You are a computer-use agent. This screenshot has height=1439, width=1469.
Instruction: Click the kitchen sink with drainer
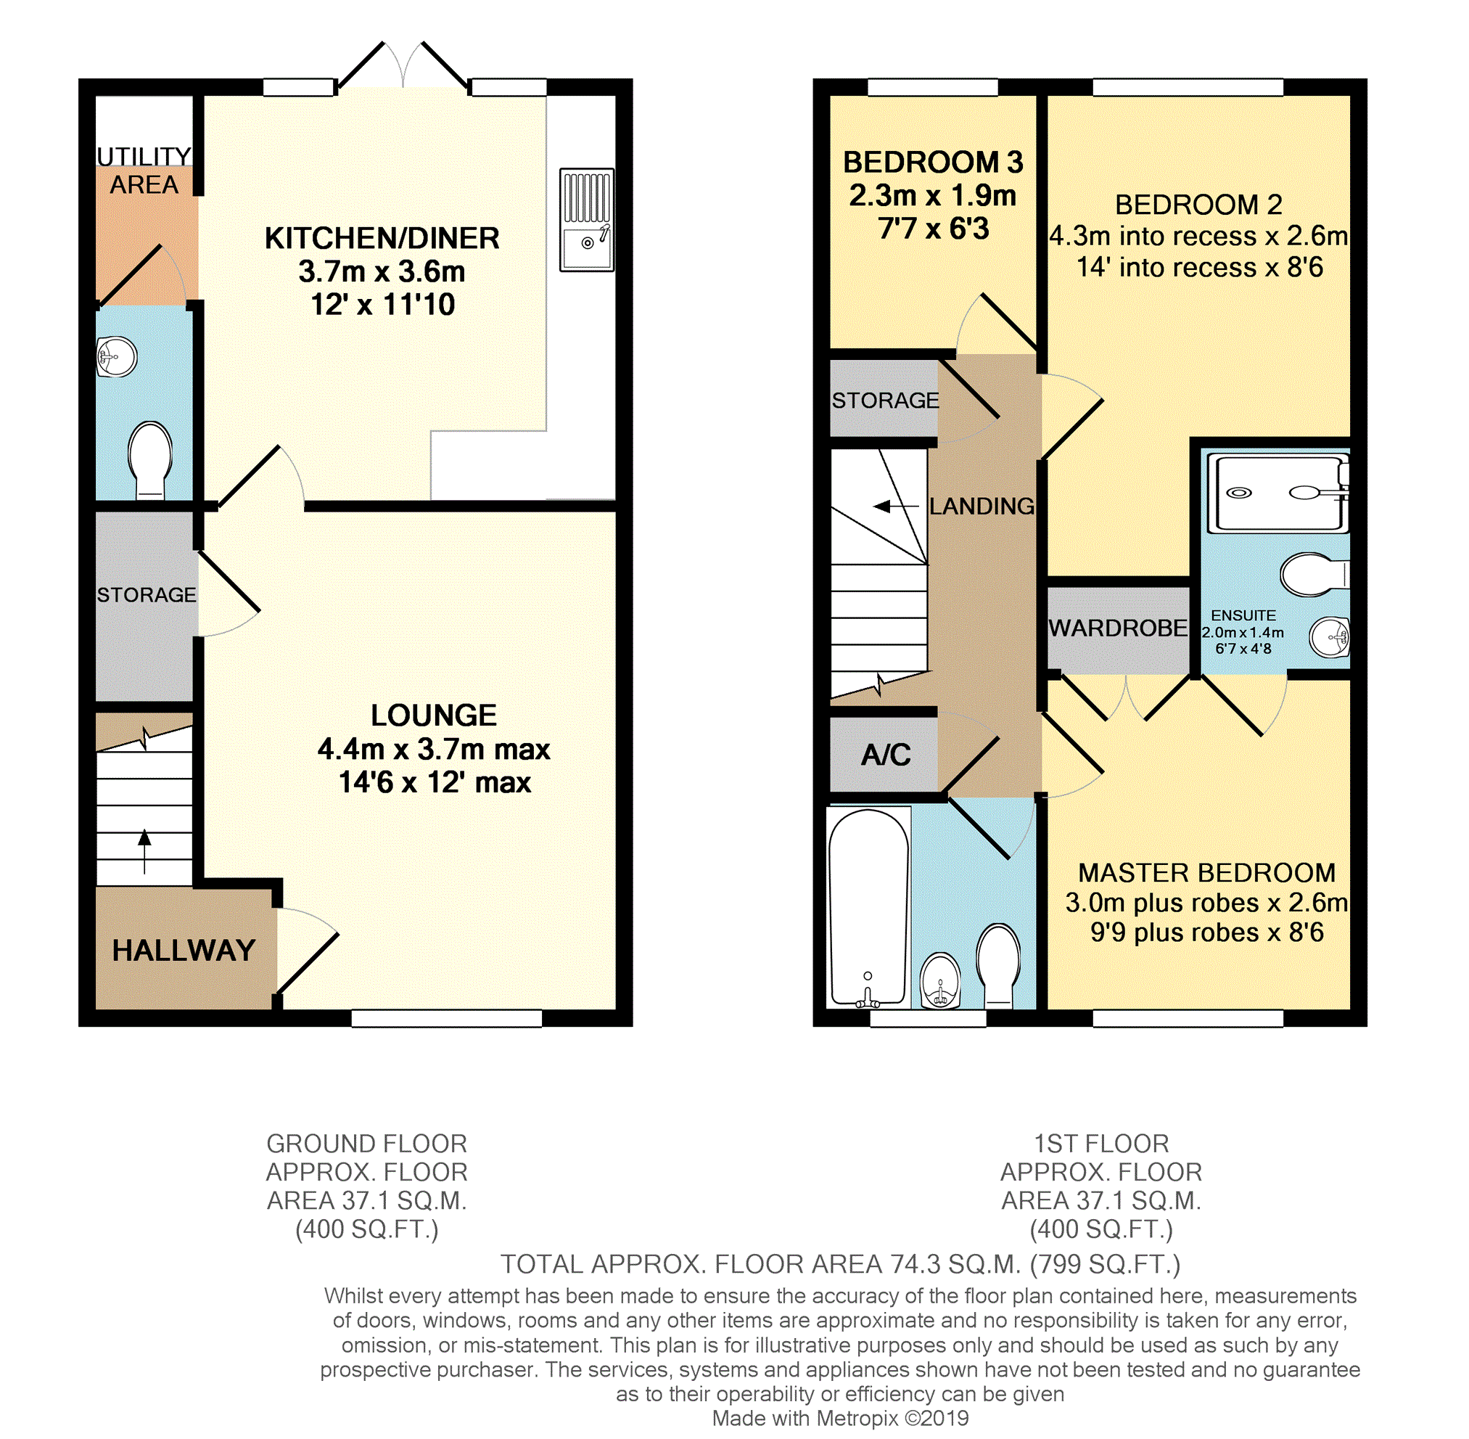click(x=586, y=220)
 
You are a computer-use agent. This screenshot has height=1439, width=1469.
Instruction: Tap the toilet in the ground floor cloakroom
click(x=150, y=459)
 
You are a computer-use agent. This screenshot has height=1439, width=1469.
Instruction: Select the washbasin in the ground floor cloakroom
click(x=117, y=357)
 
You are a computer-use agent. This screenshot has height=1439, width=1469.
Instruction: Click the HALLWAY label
click(x=184, y=950)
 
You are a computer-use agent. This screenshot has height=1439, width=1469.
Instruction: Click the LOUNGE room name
click(x=434, y=715)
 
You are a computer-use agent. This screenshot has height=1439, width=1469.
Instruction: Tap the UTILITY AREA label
click(x=144, y=170)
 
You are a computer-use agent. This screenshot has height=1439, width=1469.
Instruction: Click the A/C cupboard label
click(x=886, y=754)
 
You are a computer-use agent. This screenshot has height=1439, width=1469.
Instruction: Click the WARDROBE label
click(x=1118, y=628)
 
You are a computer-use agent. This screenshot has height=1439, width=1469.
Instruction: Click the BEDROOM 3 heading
click(x=932, y=163)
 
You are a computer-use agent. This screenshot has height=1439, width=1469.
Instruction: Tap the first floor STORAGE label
click(x=885, y=401)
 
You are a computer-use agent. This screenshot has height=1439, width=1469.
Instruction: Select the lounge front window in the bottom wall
click(x=447, y=1018)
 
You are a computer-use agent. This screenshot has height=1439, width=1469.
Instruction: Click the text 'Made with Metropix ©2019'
click(x=839, y=1418)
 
